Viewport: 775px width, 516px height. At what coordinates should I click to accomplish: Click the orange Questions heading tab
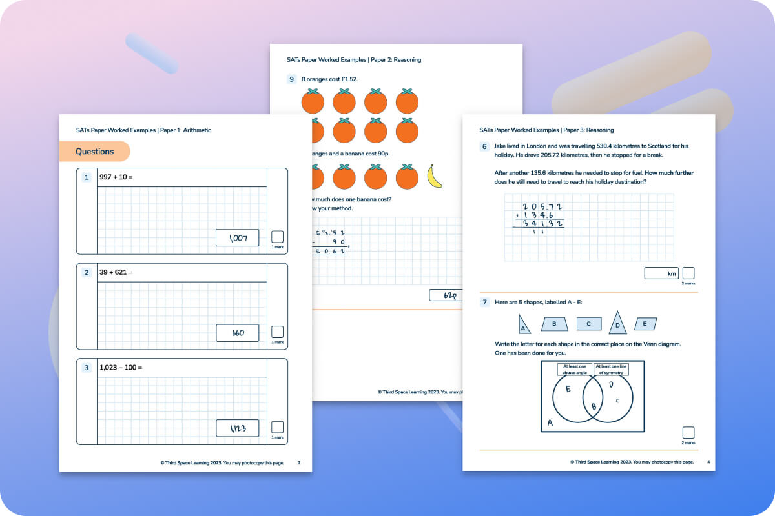pyautogui.click(x=94, y=152)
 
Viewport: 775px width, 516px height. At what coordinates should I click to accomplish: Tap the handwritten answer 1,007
pyautogui.click(x=237, y=238)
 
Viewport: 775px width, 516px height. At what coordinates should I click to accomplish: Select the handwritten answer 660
pyautogui.click(x=237, y=333)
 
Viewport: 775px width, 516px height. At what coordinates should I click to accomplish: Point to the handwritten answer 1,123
pyautogui.click(x=237, y=428)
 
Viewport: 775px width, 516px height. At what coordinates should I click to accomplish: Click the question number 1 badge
pyautogui.click(x=87, y=177)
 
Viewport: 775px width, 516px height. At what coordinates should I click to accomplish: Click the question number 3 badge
pyautogui.click(x=87, y=368)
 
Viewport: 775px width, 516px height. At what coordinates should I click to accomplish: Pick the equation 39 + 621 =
pyautogui.click(x=116, y=272)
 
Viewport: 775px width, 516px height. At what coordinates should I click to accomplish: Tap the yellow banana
pyautogui.click(x=435, y=177)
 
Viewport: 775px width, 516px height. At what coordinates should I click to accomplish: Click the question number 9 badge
pyautogui.click(x=292, y=79)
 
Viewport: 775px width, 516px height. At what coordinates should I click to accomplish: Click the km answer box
pyautogui.click(x=661, y=273)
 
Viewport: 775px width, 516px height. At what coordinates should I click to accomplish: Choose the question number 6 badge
pyautogui.click(x=484, y=146)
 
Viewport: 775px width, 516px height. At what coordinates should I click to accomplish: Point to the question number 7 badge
pyautogui.click(x=484, y=302)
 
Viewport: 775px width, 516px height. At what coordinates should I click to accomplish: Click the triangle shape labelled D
pyautogui.click(x=617, y=323)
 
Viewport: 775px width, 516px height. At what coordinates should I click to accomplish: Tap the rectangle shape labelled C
pyautogui.click(x=588, y=324)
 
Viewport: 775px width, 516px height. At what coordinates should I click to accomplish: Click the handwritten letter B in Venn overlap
pyautogui.click(x=594, y=406)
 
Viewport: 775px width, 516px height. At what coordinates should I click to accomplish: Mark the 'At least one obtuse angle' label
pyautogui.click(x=573, y=369)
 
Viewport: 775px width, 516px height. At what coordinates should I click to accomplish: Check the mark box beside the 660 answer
pyautogui.click(x=277, y=332)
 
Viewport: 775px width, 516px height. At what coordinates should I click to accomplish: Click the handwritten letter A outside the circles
pyautogui.click(x=550, y=423)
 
